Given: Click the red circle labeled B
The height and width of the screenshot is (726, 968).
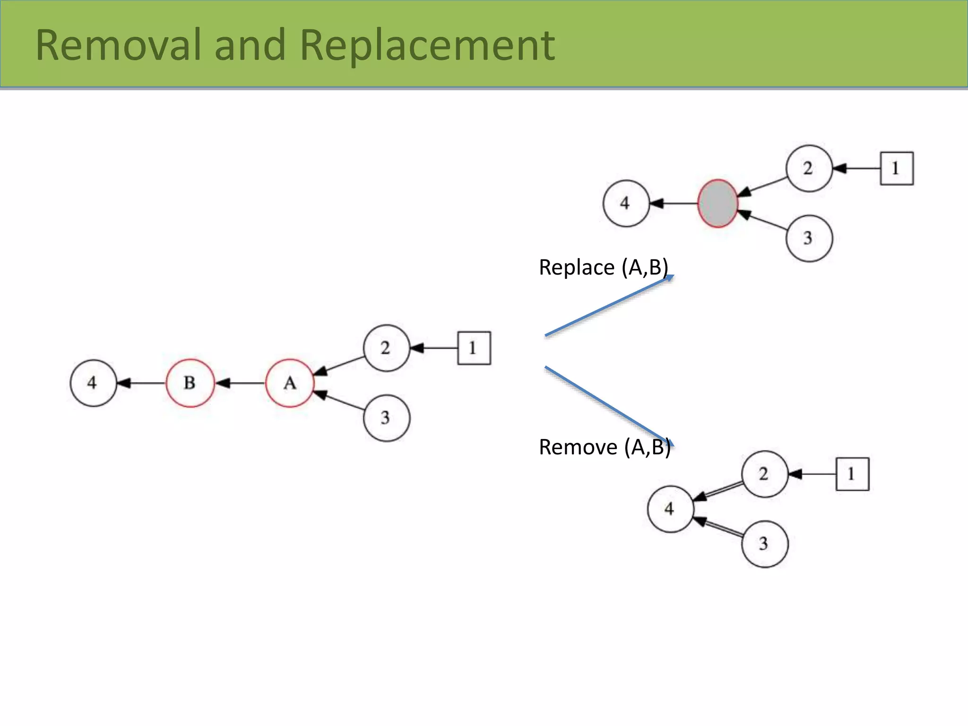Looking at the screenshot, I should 190,383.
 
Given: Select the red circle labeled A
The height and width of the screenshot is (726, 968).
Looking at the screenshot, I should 290,383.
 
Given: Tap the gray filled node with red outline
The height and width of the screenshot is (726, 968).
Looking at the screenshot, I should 717,204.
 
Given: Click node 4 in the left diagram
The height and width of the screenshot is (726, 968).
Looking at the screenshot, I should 93,383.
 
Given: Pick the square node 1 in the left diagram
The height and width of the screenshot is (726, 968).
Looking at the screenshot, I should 474,348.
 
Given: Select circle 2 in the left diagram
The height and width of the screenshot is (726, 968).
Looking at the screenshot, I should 386,348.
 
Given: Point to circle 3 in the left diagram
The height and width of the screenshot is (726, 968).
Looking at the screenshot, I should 386,418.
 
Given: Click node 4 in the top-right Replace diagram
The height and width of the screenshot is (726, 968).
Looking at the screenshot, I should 626,204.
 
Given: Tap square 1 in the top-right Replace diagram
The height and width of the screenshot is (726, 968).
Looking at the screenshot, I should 897,168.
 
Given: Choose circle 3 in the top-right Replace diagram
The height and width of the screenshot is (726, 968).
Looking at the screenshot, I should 809,238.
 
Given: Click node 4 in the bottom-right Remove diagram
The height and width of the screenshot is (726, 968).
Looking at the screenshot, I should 670,509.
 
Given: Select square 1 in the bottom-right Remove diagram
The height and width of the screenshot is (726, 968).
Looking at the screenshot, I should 852,474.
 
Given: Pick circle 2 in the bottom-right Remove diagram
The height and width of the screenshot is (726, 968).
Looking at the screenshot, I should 764,474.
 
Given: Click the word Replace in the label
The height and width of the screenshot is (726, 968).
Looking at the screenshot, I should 577,268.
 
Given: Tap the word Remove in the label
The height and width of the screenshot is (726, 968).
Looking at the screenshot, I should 578,447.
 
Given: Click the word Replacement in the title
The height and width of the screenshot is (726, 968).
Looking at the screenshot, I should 427,45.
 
